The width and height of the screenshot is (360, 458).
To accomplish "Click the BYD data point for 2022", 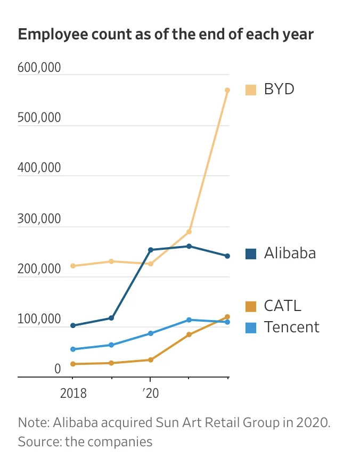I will point(227,90).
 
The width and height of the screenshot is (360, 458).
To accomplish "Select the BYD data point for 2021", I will point(189,232).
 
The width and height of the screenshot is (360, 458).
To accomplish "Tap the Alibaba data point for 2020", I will point(151,250).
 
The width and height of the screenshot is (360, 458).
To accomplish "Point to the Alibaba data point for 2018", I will point(73,325).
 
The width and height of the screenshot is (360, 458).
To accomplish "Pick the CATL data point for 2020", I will point(151,360).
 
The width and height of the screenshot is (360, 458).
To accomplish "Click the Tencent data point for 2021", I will point(189,320).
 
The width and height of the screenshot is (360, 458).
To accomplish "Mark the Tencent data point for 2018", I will point(73,349).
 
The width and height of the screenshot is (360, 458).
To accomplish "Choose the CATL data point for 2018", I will point(73,364).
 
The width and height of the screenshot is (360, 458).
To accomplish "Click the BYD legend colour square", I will point(251,89).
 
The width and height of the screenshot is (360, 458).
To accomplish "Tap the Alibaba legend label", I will point(290,253).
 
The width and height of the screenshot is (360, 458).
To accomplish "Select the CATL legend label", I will point(282,306).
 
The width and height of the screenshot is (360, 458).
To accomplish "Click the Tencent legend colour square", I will point(251,327).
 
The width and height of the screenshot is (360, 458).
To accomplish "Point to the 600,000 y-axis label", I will point(39,68).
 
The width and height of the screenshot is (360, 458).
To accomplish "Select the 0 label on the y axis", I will point(58,369).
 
